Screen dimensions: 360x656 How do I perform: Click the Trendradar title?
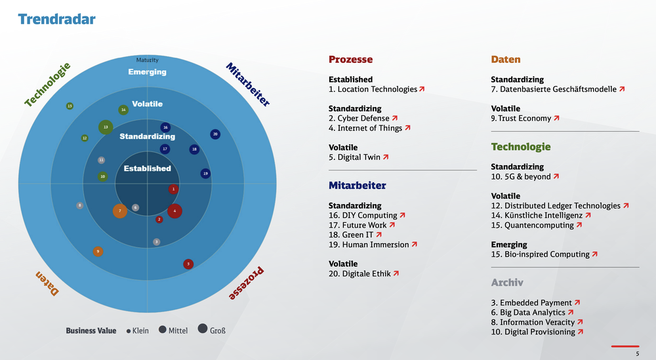tap(57, 19)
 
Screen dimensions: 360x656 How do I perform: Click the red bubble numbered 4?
tap(174, 211)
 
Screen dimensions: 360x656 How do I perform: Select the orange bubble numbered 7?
tap(120, 211)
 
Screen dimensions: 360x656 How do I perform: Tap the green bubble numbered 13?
tap(106, 127)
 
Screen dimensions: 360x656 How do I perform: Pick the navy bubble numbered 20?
tap(215, 134)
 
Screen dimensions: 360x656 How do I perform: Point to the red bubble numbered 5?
tap(188, 264)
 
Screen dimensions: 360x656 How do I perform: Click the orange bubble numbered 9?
tap(98, 251)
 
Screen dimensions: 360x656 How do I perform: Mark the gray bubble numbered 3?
tap(156, 242)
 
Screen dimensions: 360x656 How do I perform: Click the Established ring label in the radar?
tap(148, 169)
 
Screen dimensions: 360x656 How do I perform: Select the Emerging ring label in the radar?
tap(148, 72)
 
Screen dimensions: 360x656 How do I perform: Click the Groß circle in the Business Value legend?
tap(202, 330)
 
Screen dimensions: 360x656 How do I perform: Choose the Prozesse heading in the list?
tap(350, 60)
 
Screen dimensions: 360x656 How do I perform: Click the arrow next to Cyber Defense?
tap(395, 119)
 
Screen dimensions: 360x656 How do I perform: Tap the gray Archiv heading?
tap(507, 283)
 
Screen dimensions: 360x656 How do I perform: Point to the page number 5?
tap(637, 354)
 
